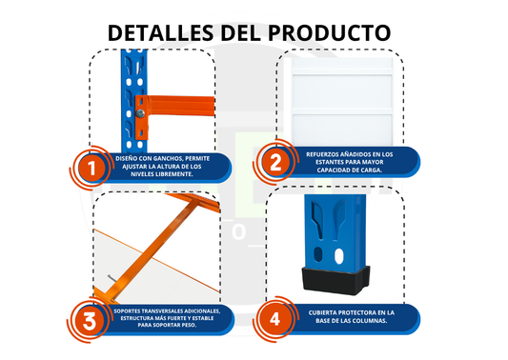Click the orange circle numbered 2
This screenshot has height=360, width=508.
[x=274, y=163]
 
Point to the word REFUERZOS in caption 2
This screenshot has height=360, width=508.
[x=327, y=152]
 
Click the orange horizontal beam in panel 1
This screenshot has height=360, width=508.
[x=176, y=102]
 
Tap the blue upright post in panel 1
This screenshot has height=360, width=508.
[x=130, y=95]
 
